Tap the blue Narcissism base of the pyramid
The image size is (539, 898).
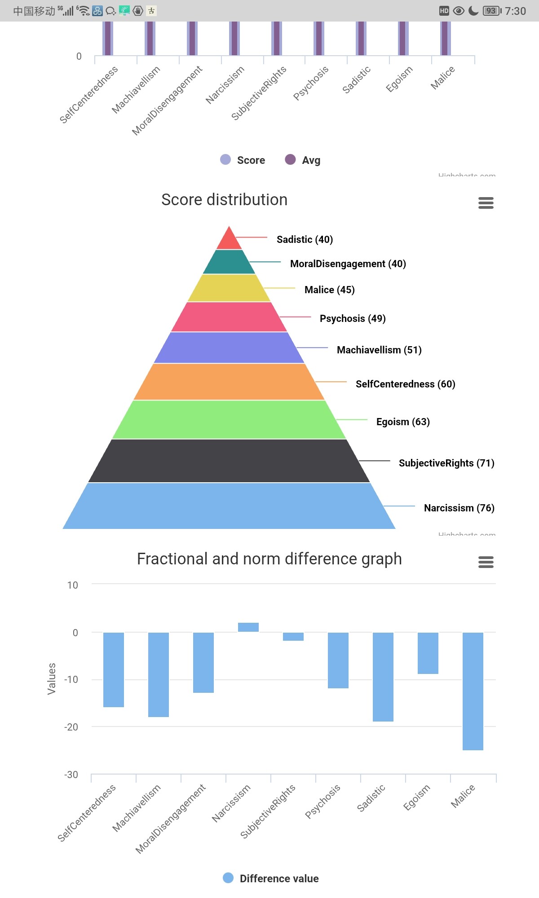[229, 506]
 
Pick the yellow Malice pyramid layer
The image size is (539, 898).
[229, 288]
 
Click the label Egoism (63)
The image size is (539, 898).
[403, 422]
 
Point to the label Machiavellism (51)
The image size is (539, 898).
[379, 350]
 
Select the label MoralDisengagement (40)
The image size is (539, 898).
[348, 264]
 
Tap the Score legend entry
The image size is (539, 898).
[243, 160]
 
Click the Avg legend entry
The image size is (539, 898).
[303, 160]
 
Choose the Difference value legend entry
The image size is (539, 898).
[271, 878]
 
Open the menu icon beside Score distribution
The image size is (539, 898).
[486, 203]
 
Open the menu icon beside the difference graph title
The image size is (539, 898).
[486, 562]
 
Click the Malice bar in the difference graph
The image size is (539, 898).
[473, 691]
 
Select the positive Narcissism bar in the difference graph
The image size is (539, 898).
[248, 627]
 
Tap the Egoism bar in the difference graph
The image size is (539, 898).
[428, 653]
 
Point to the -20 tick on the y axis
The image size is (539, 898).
[71, 727]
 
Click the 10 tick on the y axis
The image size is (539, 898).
[72, 585]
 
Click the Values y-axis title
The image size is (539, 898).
[52, 678]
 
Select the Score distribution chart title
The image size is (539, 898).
[224, 200]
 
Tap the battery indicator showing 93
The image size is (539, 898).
[492, 11]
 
